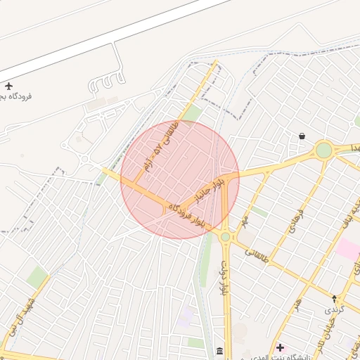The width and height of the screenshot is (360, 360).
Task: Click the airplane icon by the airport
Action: click(8, 85)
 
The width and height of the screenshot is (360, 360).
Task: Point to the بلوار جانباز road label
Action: click(211, 188)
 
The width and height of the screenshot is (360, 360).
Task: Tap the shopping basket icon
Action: click(302, 136)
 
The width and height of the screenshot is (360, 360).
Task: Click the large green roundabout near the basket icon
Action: click(323, 150)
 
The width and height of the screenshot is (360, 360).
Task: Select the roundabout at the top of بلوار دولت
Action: click(225, 237)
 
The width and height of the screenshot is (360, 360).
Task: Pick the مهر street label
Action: click(244, 220)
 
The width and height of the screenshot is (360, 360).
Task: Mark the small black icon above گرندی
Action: click(334, 298)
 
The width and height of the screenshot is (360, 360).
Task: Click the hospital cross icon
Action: click(281, 347)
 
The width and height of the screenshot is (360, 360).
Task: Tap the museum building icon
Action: click(220, 351)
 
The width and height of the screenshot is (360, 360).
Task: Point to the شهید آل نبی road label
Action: click(21, 317)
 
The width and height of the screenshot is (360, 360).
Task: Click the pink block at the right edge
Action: click(348, 248)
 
